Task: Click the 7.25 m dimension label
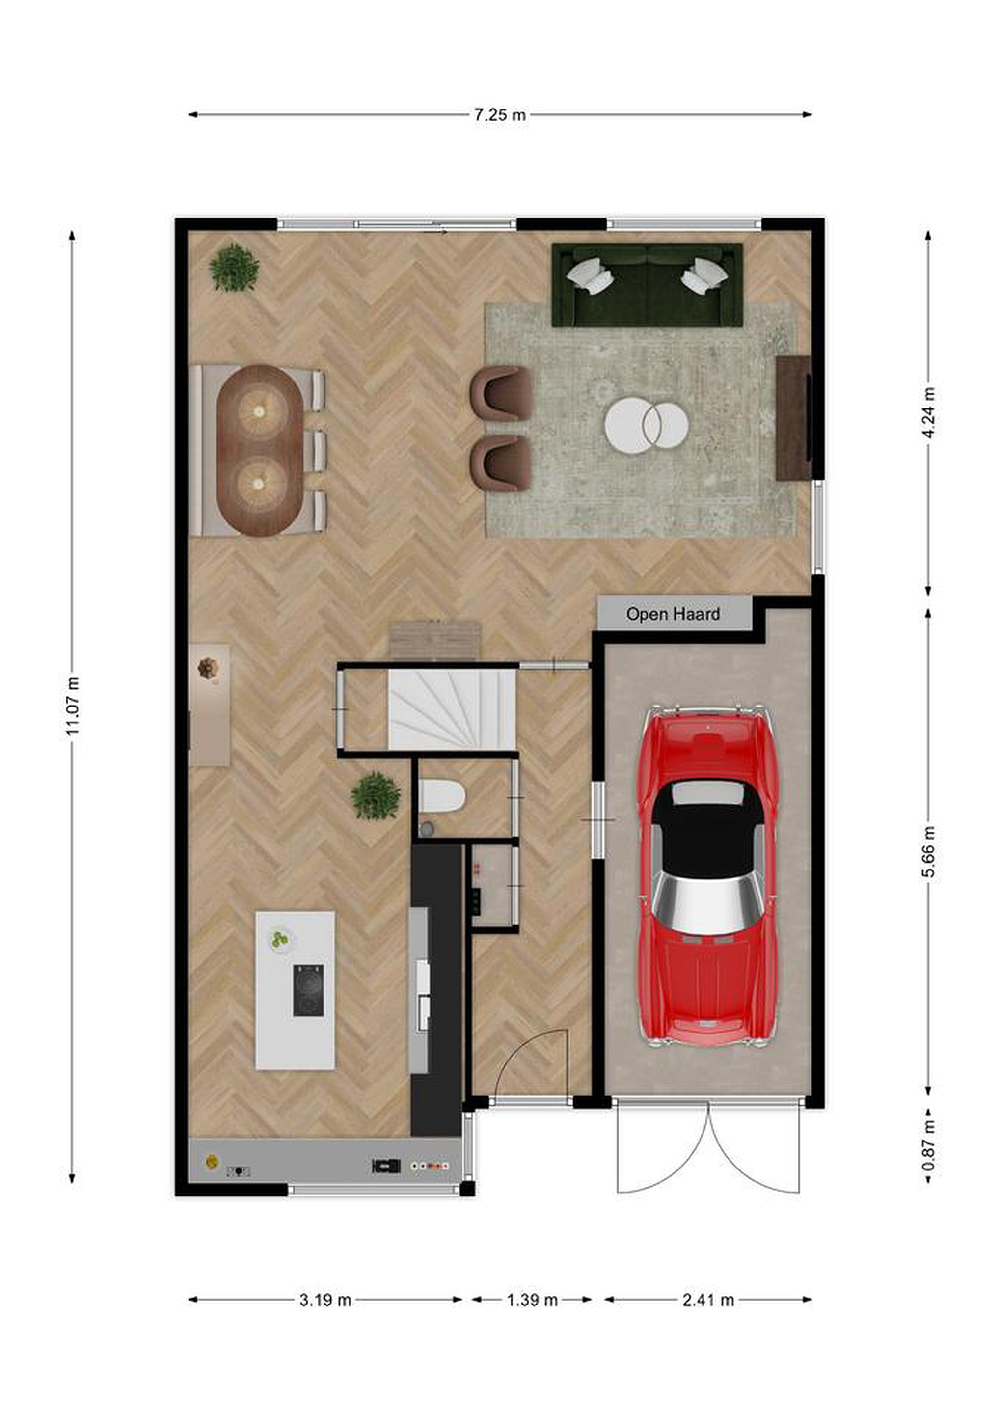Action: [x=500, y=114]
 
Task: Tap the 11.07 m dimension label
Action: [x=73, y=706]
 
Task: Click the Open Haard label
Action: [x=673, y=614]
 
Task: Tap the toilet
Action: [x=441, y=796]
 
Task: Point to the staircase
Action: [x=451, y=709]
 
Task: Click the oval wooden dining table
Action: [x=259, y=451]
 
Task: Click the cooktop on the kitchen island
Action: [x=308, y=991]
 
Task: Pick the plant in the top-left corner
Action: [x=234, y=267]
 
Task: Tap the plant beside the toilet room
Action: [x=376, y=796]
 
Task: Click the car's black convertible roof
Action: [x=707, y=826]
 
